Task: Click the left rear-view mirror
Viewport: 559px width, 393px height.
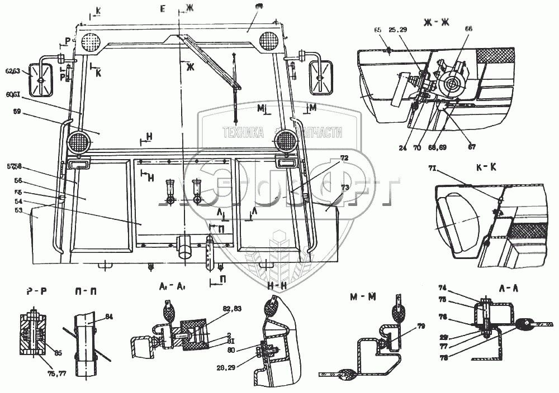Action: pyautogui.click(x=42, y=80)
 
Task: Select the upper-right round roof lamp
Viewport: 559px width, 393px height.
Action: pyautogui.click(x=271, y=41)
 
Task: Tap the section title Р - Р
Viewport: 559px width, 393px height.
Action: pyautogui.click(x=35, y=290)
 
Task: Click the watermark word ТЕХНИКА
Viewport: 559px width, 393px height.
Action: pyautogui.click(x=243, y=133)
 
